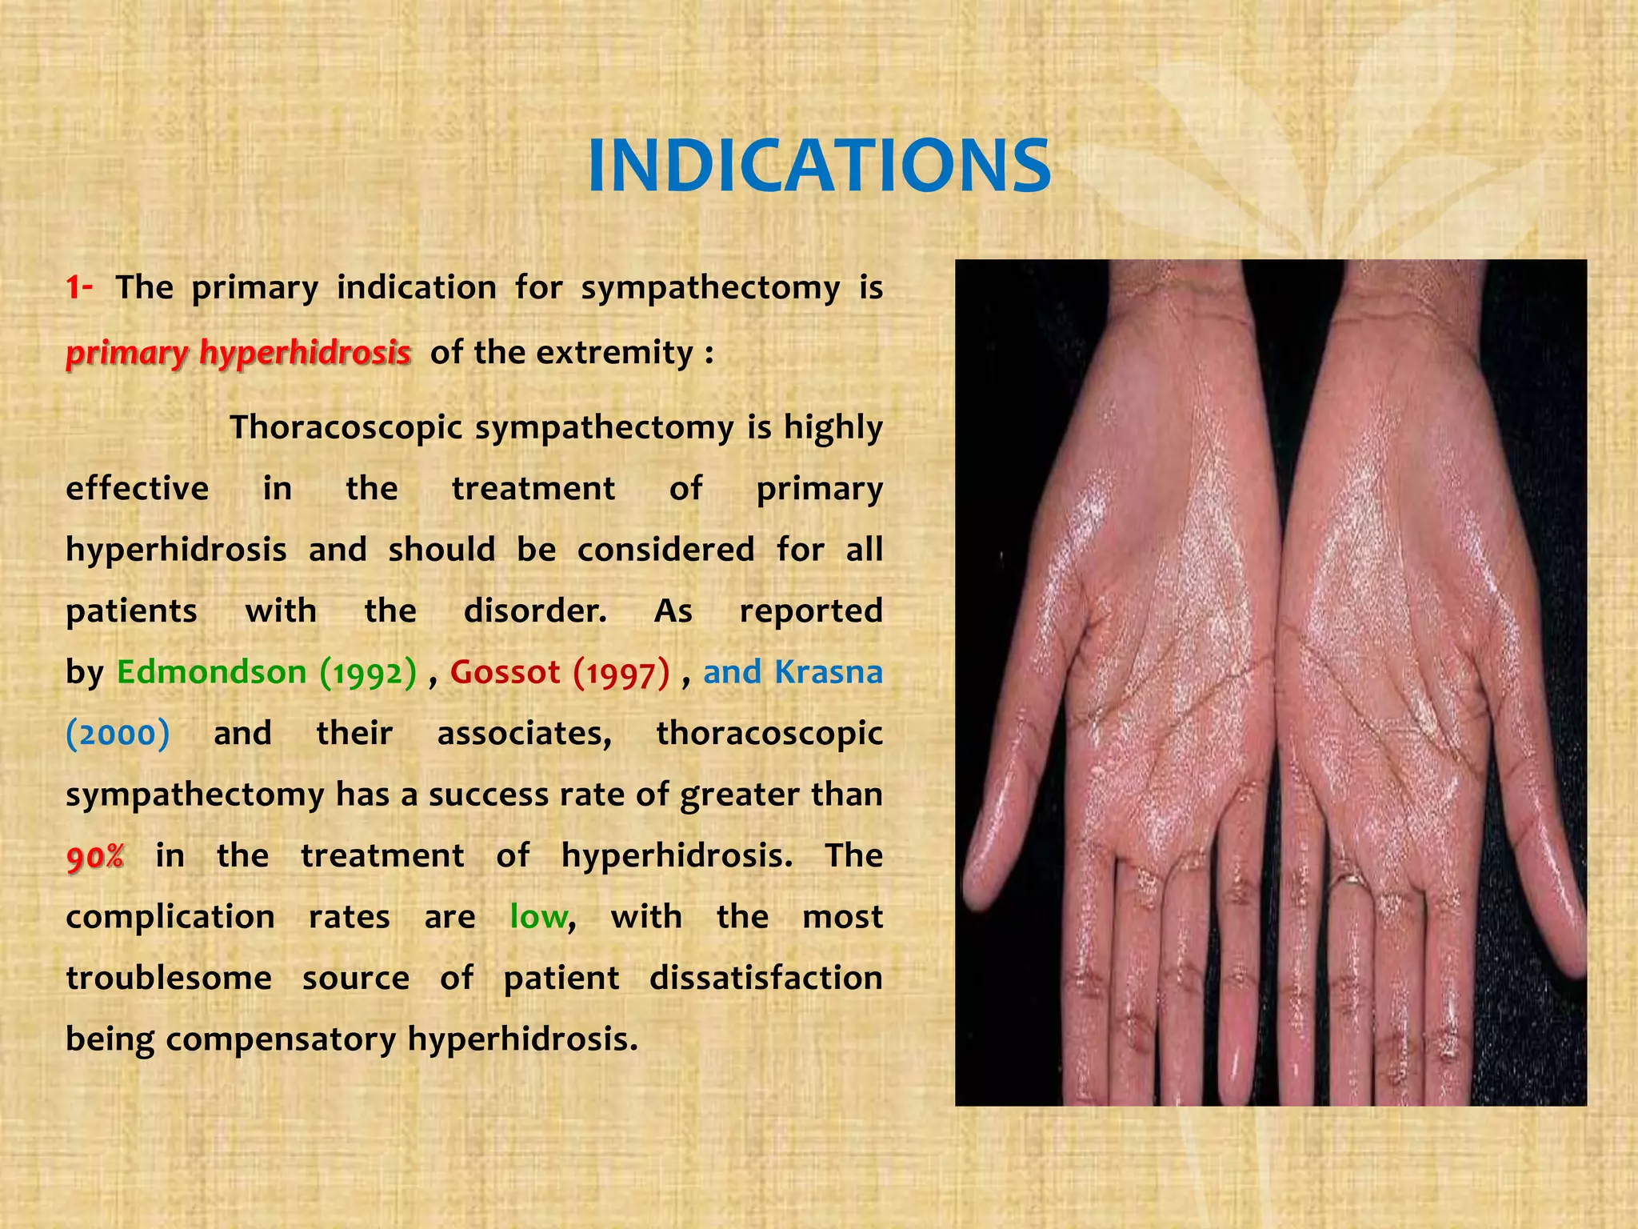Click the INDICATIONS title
pyautogui.click(x=818, y=166)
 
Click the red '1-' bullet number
pyautogui.click(x=79, y=287)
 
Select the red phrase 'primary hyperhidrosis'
pyautogui.click(x=238, y=352)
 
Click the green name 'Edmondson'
pyautogui.click(x=212, y=672)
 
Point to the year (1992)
pyautogui.click(x=368, y=673)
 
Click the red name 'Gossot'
pyautogui.click(x=505, y=672)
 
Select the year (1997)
pyautogui.click(x=621, y=673)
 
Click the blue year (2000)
pyautogui.click(x=118, y=734)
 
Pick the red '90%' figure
pyautogui.click(x=95, y=857)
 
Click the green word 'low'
pyautogui.click(x=540, y=917)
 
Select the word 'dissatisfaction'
pyautogui.click(x=765, y=978)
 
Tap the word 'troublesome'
pyautogui.click(x=168, y=978)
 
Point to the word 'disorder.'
pyautogui.click(x=535, y=611)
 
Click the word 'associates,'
pyautogui.click(x=524, y=734)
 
